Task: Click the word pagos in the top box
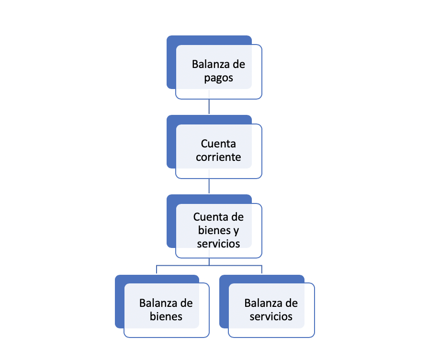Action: pyautogui.click(x=218, y=78)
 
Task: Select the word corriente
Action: pyautogui.click(x=218, y=157)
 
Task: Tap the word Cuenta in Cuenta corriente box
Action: pyautogui.click(x=218, y=144)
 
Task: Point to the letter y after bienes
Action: pyautogui.click(x=236, y=230)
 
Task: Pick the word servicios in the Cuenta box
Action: pyautogui.click(x=218, y=243)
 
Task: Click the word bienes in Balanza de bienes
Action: pyautogui.click(x=166, y=316)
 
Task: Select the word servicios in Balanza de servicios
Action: pyautogui.click(x=271, y=316)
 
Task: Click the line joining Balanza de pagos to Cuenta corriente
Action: pyautogui.click(x=209, y=107)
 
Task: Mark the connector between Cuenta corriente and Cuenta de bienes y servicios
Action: pyautogui.click(x=209, y=186)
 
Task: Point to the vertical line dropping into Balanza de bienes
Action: pyautogui.click(x=157, y=270)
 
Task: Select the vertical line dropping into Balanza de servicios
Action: pyautogui.click(x=262, y=270)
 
